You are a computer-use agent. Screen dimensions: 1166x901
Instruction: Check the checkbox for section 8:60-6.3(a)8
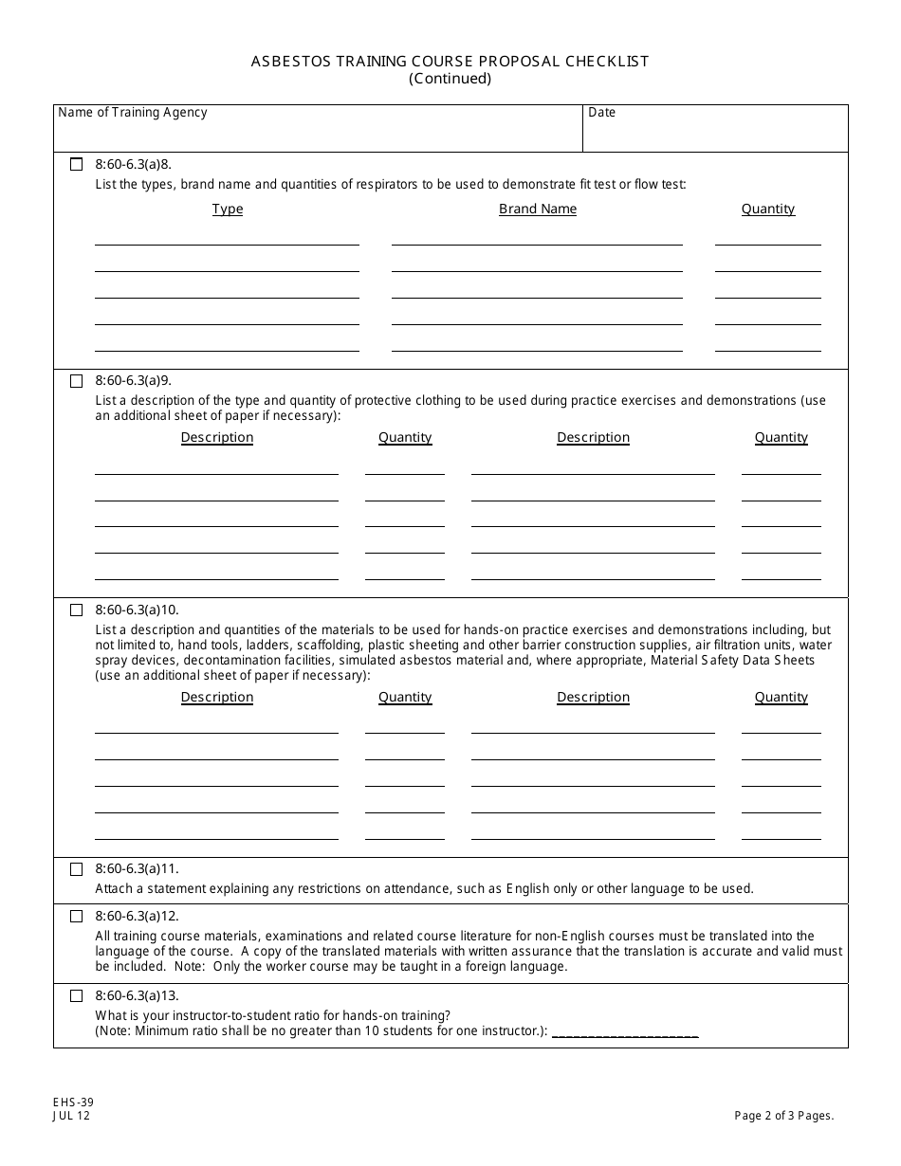click(77, 164)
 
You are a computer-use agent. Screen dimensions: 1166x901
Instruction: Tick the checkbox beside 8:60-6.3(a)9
click(77, 381)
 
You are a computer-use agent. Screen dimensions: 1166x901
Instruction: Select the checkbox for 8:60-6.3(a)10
click(77, 610)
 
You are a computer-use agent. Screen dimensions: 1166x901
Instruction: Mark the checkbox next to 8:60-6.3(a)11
click(77, 869)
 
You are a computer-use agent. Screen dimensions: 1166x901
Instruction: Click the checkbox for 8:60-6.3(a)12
click(77, 917)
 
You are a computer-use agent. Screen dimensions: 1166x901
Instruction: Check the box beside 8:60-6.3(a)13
click(77, 996)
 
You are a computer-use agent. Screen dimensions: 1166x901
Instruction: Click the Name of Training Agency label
click(133, 113)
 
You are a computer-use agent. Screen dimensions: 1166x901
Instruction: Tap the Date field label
click(601, 113)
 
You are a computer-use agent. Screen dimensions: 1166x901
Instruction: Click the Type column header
click(228, 210)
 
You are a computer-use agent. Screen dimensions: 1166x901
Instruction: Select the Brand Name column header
click(538, 210)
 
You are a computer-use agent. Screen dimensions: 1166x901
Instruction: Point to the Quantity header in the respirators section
click(768, 210)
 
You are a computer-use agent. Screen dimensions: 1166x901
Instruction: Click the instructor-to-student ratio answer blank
click(625, 1032)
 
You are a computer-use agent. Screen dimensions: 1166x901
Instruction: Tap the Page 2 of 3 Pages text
click(784, 1116)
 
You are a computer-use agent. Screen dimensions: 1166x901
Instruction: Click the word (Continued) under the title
click(450, 79)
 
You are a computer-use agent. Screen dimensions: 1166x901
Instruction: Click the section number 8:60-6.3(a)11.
click(137, 869)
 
